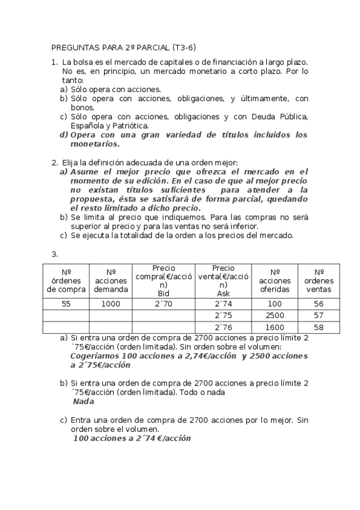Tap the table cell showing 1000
pyautogui.click(x=111, y=304)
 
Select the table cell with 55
pyautogui.click(x=66, y=304)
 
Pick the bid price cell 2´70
pyautogui.click(x=164, y=304)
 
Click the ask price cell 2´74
pyautogui.click(x=222, y=304)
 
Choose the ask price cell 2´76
pyautogui.click(x=222, y=327)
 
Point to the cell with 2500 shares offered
pyautogui.click(x=275, y=316)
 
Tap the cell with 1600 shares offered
pyautogui.click(x=275, y=327)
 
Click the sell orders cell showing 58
pyautogui.click(x=319, y=327)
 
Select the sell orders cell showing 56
pyautogui.click(x=319, y=304)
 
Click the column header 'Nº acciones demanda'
pyautogui.click(x=111, y=280)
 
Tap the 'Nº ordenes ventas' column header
pyautogui.click(x=319, y=280)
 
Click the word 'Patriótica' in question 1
pyautogui.click(x=112, y=126)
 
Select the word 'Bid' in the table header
pyautogui.click(x=164, y=293)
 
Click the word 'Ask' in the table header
pyautogui.click(x=222, y=293)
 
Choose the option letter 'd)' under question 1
pyautogui.click(x=63, y=135)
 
